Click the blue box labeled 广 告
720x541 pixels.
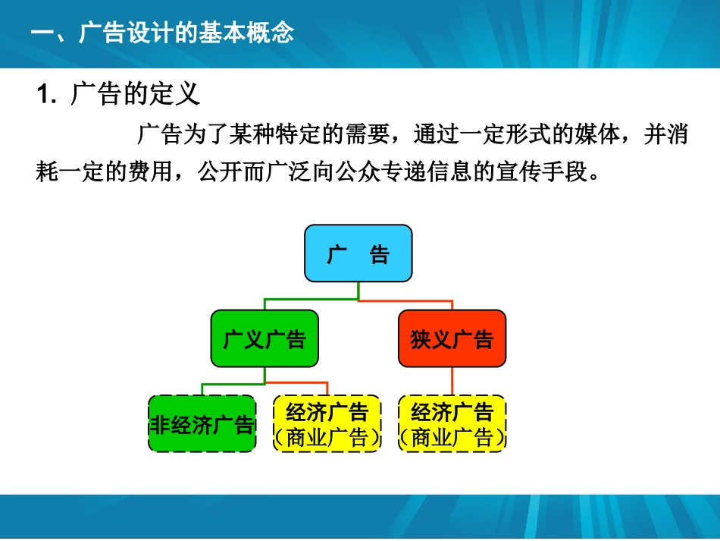[358, 253]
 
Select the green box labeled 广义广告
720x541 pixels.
[264, 338]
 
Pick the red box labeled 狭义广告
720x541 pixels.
[452, 338]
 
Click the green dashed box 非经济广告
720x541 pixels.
[202, 423]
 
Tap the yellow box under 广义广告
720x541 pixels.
[327, 423]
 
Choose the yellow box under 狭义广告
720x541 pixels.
[452, 423]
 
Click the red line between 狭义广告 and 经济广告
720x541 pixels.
[452, 381]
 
